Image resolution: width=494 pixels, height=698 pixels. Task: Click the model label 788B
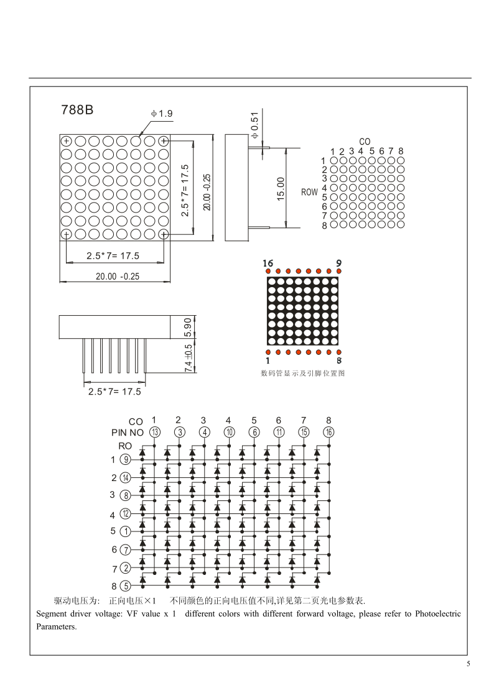77,109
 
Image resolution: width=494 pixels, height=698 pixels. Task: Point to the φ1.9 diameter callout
161,114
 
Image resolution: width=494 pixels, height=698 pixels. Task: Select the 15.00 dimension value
281,188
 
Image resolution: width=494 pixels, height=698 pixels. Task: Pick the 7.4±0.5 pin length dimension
189,358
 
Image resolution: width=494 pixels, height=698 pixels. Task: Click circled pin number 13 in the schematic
154,433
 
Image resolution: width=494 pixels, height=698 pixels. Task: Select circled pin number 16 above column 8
329,433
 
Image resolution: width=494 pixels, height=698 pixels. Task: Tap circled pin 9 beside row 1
126,460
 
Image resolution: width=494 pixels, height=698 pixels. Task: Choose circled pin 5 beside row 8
126,585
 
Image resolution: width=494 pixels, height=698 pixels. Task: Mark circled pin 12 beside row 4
126,513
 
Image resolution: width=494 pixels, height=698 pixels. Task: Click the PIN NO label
128,433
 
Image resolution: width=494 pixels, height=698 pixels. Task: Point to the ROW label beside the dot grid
309,192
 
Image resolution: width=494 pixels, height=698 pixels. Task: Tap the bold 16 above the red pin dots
268,263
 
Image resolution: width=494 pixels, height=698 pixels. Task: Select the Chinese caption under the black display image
302,374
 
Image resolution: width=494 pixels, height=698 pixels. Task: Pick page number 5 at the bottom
468,664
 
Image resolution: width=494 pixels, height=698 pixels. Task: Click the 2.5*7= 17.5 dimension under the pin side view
114,392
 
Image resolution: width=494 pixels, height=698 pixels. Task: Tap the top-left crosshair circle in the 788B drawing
66,140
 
